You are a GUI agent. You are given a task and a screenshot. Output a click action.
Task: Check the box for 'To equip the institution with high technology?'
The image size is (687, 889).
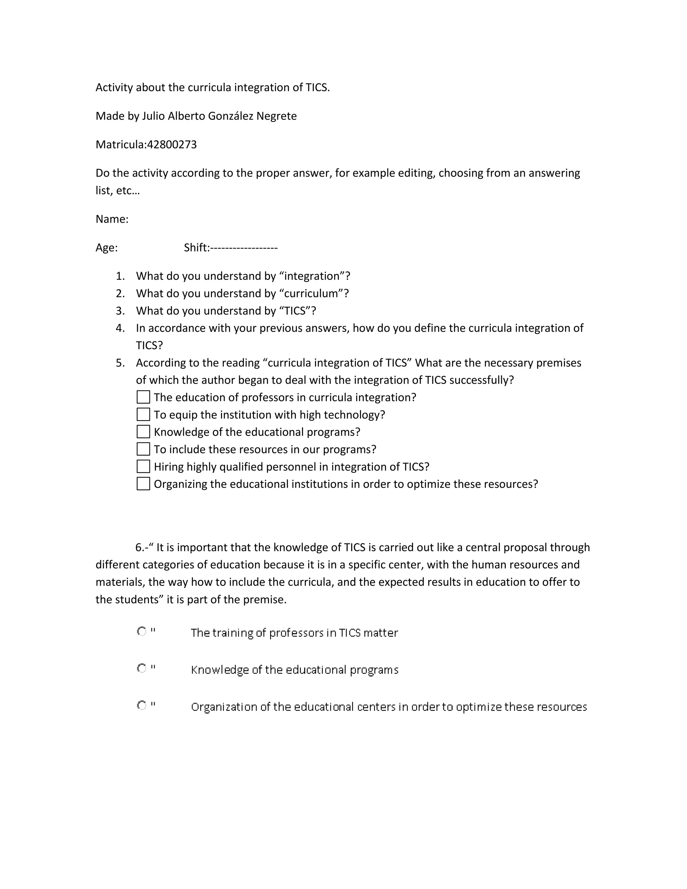143,414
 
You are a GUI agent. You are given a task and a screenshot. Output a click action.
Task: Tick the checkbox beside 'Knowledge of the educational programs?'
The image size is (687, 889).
143,431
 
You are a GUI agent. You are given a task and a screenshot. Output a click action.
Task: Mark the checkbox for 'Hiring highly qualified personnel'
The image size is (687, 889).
143,467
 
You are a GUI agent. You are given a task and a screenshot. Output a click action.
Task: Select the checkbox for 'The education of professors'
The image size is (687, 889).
143,397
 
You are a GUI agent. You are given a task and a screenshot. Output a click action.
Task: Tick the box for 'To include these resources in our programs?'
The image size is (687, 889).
143,449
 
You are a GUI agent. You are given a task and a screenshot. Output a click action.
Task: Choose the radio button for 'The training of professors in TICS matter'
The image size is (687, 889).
142,631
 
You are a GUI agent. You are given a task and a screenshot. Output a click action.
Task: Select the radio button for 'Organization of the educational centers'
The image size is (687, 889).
142,705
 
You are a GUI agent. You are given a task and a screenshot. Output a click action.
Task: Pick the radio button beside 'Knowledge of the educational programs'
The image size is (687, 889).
142,668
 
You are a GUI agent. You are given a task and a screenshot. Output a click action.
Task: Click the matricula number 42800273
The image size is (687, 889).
172,145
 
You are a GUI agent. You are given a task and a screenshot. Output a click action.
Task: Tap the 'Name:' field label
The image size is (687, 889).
112,219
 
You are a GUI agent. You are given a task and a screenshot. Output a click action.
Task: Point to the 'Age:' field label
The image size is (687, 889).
107,248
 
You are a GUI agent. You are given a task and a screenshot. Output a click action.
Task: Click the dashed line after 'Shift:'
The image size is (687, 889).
244,248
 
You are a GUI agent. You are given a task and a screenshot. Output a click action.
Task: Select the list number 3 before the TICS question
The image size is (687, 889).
120,311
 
